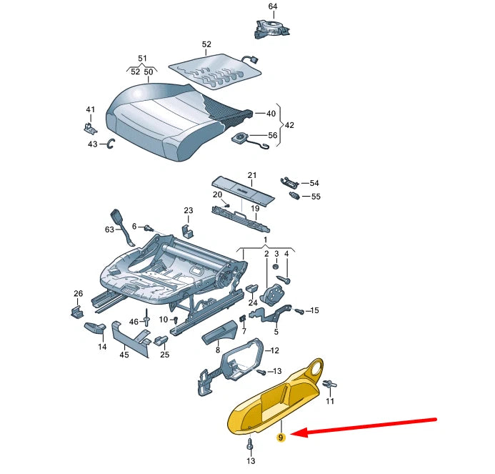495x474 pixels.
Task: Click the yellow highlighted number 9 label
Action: [x=281, y=437]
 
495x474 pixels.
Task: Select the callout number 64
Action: [x=272, y=6]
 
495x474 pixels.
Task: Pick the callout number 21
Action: [x=251, y=175]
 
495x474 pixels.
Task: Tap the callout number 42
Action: [x=289, y=124]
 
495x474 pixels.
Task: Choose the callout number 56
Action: [x=272, y=135]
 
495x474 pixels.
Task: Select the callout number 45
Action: [x=124, y=353]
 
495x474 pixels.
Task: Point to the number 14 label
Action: [x=102, y=347]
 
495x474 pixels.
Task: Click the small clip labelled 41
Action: [x=88, y=127]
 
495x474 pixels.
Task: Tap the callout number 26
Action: [x=78, y=294]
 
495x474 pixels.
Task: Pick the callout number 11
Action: [x=330, y=402]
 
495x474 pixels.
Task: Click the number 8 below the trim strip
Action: [x=218, y=350]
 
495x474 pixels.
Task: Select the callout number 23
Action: [x=188, y=210]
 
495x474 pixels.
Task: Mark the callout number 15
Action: [x=314, y=310]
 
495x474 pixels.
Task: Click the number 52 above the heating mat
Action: [x=206, y=44]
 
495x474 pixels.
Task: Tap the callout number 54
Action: [x=314, y=183]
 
